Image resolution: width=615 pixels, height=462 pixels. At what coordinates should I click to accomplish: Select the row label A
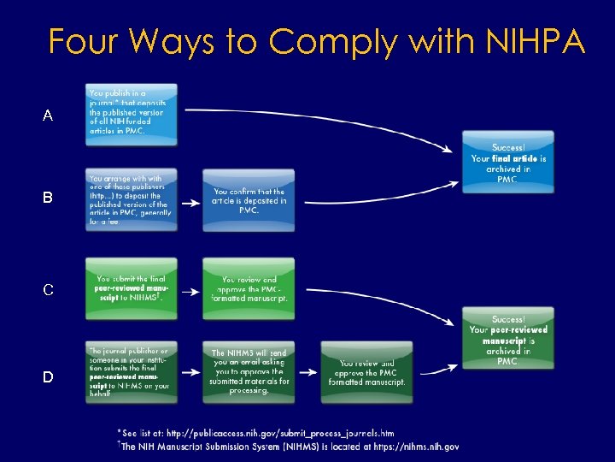[x=48, y=115]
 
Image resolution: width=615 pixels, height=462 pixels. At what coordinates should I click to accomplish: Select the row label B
[x=48, y=198]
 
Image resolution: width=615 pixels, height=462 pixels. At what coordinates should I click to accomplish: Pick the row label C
[x=48, y=290]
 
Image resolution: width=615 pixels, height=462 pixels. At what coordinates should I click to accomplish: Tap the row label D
[x=48, y=377]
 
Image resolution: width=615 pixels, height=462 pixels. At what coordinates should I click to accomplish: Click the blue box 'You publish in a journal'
[x=132, y=114]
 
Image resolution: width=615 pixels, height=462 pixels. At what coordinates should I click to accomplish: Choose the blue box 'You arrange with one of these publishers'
[x=132, y=199]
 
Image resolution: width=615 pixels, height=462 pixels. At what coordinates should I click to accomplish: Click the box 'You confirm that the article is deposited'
[x=249, y=201]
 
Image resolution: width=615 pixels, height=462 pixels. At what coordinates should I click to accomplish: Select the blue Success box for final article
[x=508, y=162]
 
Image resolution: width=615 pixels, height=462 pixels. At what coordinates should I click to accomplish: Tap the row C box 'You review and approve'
[x=249, y=289]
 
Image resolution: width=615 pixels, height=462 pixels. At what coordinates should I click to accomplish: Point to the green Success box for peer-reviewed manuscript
[x=508, y=340]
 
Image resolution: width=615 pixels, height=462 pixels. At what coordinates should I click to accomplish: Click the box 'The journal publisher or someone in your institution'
[x=132, y=373]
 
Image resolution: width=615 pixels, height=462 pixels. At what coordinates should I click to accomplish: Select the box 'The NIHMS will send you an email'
[x=249, y=373]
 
